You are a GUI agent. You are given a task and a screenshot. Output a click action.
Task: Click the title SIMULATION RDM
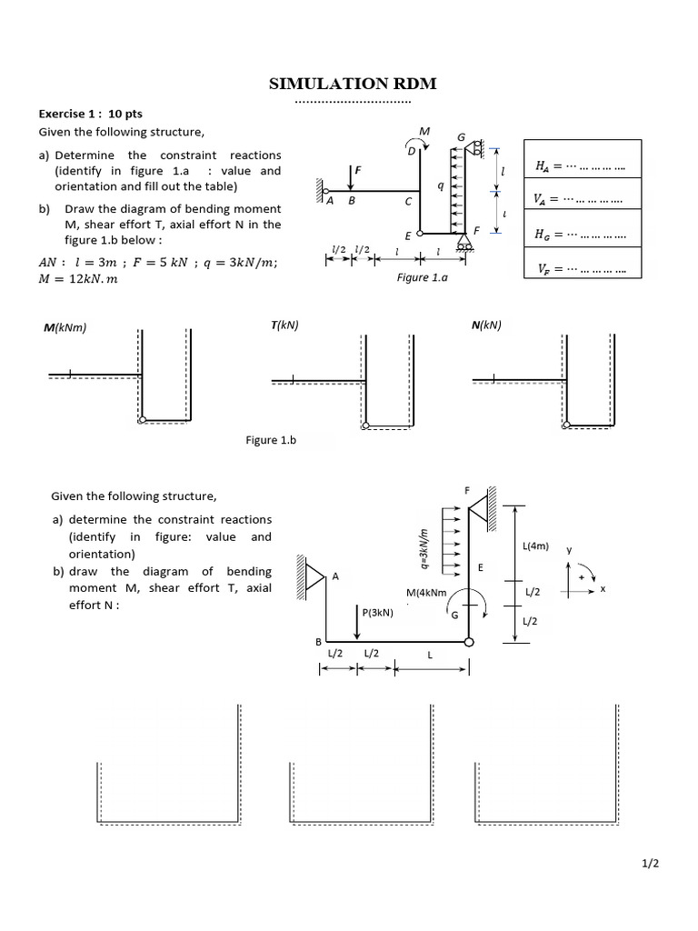[353, 84]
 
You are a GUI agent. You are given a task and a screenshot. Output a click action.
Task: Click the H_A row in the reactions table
[583, 159]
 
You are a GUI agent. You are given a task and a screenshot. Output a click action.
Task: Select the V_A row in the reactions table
[583, 194]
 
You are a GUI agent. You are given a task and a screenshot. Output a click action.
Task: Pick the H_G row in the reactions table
[583, 228]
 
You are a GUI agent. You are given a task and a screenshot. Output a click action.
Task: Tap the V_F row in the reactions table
[583, 263]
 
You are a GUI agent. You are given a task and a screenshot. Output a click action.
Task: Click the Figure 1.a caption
[422, 277]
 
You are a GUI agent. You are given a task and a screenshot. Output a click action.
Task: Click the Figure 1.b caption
[271, 440]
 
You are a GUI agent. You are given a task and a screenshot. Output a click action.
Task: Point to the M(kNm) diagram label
[65, 327]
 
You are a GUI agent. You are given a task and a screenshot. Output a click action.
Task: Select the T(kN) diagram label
[284, 325]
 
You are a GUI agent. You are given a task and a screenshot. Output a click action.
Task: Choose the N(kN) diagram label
[486, 325]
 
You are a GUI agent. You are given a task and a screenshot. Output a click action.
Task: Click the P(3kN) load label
[377, 612]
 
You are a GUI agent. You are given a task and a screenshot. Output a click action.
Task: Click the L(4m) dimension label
[535, 546]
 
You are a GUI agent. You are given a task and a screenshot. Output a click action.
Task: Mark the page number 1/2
[650, 864]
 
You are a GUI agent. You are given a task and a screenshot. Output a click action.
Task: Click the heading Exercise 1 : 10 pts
[90, 114]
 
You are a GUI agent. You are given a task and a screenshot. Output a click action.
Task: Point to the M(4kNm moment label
[426, 593]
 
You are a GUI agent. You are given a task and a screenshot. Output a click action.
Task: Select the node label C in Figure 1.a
[408, 201]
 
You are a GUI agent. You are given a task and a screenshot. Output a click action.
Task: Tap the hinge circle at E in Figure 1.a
[420, 234]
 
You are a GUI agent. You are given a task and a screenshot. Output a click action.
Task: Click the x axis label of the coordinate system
[603, 589]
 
